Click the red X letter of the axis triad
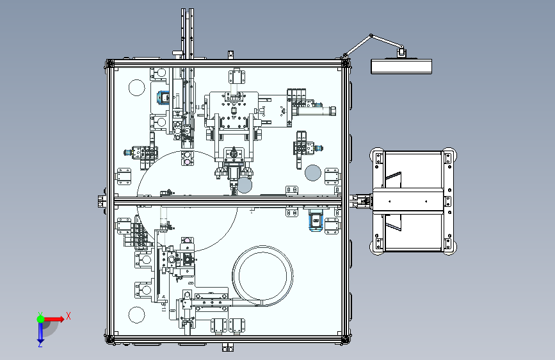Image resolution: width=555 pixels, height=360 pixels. (68, 316)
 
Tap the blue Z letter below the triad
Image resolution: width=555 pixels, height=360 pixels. (40, 344)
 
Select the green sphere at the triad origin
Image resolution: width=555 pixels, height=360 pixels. (41, 319)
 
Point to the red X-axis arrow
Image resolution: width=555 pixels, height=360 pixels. (54, 319)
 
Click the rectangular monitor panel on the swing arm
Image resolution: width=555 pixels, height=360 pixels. (401, 67)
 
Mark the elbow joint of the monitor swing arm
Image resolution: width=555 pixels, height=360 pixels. (371, 35)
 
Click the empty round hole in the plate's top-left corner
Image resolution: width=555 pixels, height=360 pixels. (136, 88)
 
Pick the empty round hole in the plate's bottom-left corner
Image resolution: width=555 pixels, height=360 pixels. (136, 315)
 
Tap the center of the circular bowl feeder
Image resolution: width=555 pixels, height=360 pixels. (262, 275)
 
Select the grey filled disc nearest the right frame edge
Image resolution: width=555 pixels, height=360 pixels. (313, 173)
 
